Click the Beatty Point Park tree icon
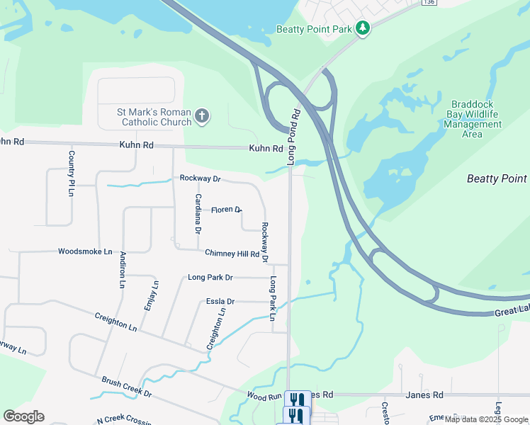(x=363, y=28)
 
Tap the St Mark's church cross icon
(x=202, y=115)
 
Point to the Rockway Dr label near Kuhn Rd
(x=200, y=178)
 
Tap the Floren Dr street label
(x=226, y=210)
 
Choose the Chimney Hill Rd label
(x=232, y=253)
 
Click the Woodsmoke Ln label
(x=85, y=251)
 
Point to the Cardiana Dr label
(x=198, y=214)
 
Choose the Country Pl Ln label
(x=72, y=174)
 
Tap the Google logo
(x=23, y=416)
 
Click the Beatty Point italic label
(x=497, y=178)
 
